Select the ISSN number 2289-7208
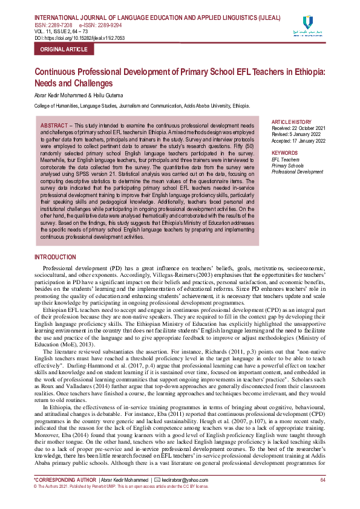[x=61, y=25]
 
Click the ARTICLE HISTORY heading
[x=292, y=122]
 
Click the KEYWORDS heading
[x=285, y=153]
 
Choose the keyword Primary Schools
[x=288, y=166]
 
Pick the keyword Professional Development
[x=298, y=172]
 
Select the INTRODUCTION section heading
[x=55, y=258]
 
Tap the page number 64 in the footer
[x=322, y=479]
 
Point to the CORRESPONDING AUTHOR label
[x=64, y=479]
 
